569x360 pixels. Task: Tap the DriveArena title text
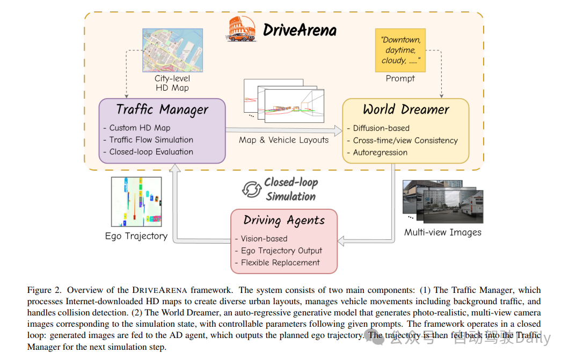click(300, 30)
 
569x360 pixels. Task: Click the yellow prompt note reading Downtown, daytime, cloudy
click(400, 50)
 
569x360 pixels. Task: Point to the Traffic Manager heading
click(162, 110)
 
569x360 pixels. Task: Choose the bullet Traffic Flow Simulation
click(151, 139)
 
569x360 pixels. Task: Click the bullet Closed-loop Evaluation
click(151, 152)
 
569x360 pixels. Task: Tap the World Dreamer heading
click(405, 110)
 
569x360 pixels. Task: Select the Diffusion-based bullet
click(381, 128)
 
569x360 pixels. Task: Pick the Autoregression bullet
click(380, 152)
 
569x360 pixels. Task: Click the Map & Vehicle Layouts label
click(283, 140)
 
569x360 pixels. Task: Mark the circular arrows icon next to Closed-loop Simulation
click(251, 189)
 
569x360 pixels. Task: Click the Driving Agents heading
click(284, 221)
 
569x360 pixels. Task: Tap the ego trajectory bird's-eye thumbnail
click(136, 202)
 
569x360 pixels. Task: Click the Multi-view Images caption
click(442, 232)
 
